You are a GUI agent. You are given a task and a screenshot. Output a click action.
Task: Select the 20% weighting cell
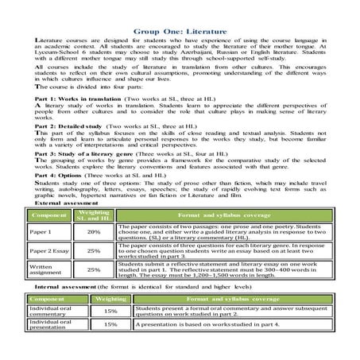point(93,254)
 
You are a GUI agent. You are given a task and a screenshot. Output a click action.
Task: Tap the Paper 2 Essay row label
point(49,273)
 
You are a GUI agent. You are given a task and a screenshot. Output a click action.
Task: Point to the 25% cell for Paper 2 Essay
point(93,273)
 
